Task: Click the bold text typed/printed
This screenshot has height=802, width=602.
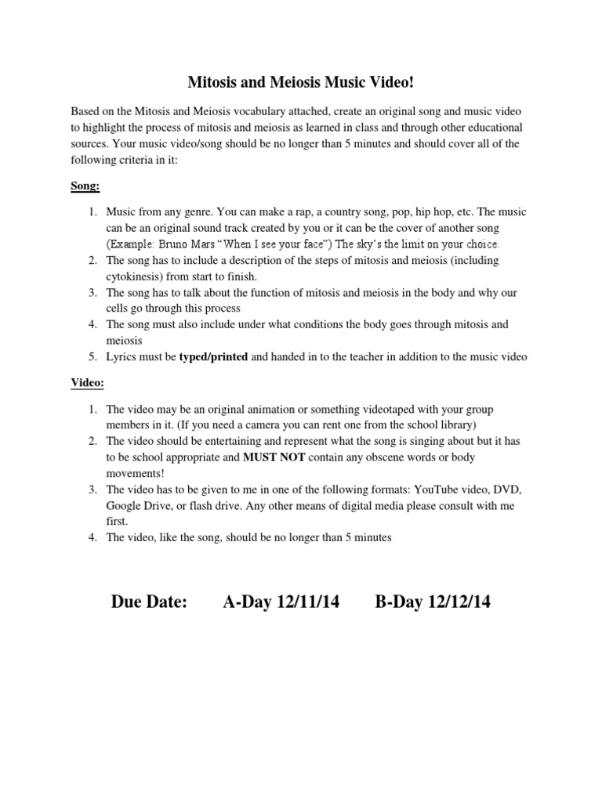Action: tap(213, 357)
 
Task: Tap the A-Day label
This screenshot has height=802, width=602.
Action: tap(246, 601)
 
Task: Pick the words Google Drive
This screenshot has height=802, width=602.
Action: tap(140, 506)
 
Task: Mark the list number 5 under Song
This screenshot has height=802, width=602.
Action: tap(91, 357)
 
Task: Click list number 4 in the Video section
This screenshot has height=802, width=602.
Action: tap(91, 538)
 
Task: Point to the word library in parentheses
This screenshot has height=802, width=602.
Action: tap(448, 425)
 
